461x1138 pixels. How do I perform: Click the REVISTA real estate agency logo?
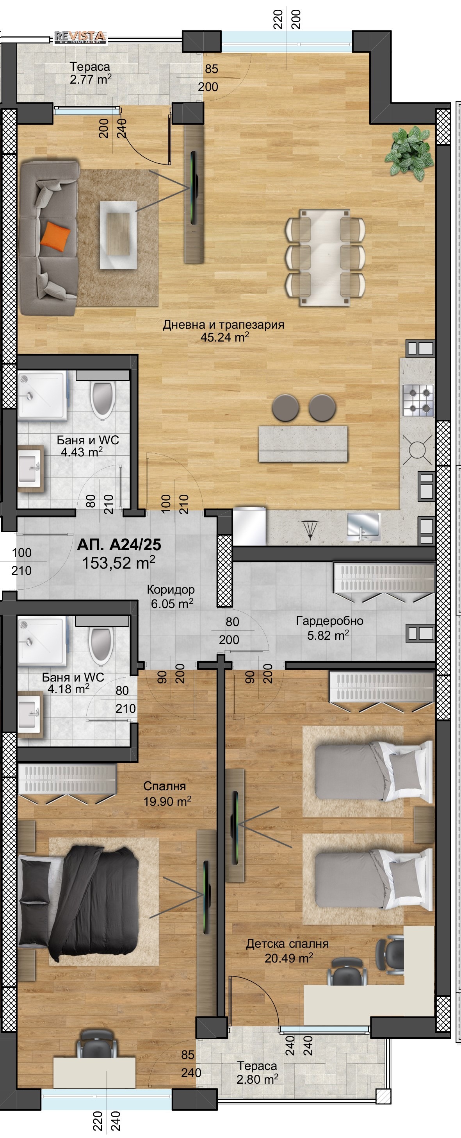[x=80, y=38]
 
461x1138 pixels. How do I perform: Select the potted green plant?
[x=409, y=153]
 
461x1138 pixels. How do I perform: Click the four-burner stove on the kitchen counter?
[x=418, y=400]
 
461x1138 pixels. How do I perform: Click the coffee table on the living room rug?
[x=118, y=235]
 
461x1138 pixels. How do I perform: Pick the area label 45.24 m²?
[x=225, y=337]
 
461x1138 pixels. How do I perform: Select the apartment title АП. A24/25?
[x=119, y=545]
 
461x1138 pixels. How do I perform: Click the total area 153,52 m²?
[x=119, y=563]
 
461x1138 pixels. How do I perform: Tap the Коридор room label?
[x=171, y=589]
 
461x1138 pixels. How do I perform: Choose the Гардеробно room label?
[x=329, y=621]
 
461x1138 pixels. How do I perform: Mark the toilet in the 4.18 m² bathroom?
[x=101, y=645]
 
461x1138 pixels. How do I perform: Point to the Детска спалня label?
[x=287, y=944]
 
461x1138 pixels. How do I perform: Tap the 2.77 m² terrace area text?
[x=91, y=79]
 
